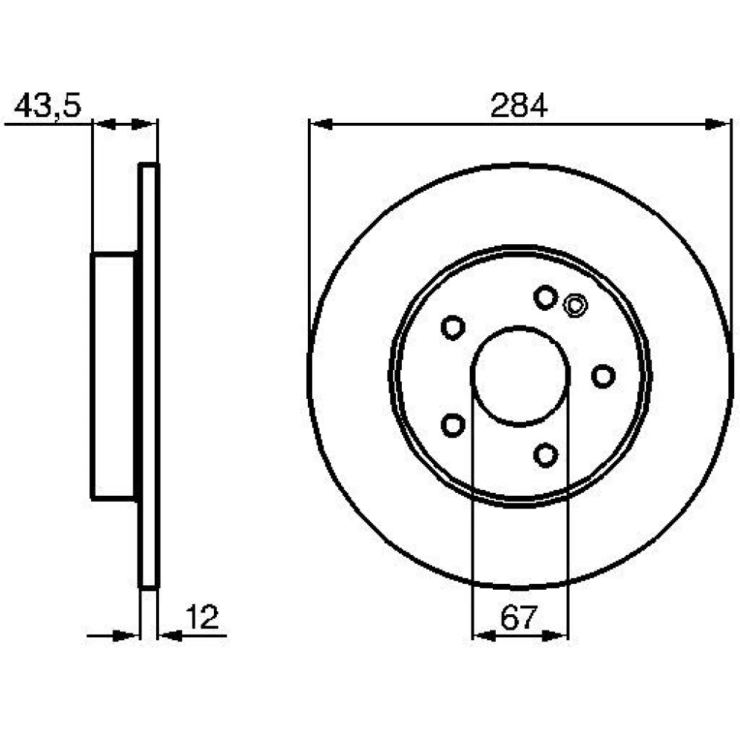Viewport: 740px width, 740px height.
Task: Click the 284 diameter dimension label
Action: click(519, 106)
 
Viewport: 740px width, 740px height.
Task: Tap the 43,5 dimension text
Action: click(47, 106)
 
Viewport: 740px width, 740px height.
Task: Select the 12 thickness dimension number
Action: click(203, 616)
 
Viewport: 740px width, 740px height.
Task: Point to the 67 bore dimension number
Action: click(519, 617)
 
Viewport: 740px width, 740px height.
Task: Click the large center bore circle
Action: click(519, 326)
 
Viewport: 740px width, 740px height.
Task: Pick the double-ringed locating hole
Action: click(575, 306)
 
